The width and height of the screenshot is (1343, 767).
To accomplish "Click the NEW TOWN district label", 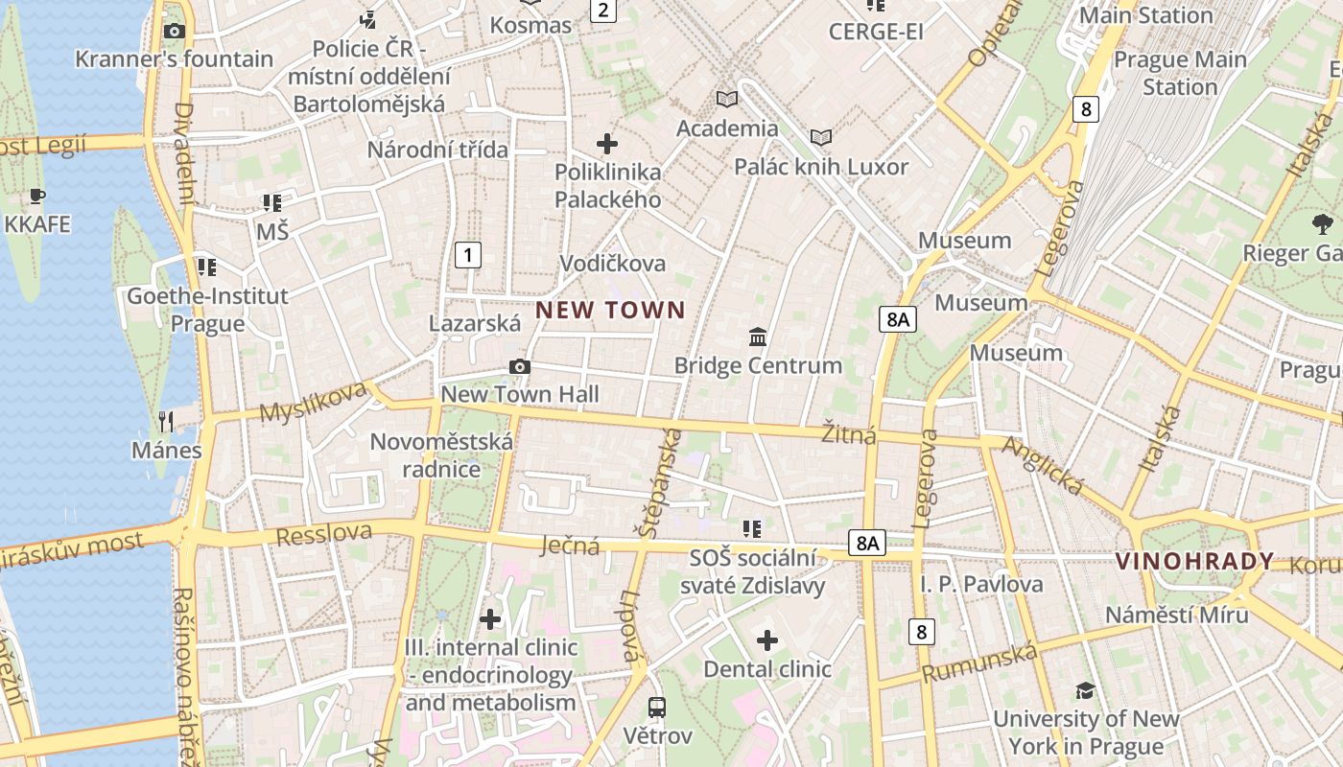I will (x=610, y=310).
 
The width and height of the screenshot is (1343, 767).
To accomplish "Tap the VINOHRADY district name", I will (x=1194, y=562).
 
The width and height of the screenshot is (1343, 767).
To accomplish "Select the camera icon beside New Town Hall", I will (x=520, y=366).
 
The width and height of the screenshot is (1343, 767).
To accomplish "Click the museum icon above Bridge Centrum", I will (x=758, y=337).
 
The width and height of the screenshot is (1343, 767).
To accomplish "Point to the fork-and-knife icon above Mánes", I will (x=166, y=421).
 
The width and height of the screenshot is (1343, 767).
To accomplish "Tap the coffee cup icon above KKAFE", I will (x=37, y=197).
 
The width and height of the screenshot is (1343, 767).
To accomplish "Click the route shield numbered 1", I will (x=467, y=255).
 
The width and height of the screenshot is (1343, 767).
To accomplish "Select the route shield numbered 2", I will (x=602, y=11).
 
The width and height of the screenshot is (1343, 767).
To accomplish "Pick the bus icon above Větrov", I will (x=657, y=708).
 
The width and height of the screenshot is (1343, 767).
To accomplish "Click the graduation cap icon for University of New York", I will (x=1085, y=690).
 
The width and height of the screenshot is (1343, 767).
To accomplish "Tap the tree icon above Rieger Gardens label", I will (x=1323, y=225).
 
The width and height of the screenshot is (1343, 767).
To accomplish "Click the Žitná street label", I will (x=849, y=434).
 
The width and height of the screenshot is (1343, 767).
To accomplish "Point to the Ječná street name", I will (x=570, y=546).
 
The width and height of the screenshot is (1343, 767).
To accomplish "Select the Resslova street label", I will (x=324, y=534).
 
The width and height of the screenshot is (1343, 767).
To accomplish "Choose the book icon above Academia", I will (x=727, y=99).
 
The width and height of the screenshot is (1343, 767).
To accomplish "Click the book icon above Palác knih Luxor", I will (x=821, y=137).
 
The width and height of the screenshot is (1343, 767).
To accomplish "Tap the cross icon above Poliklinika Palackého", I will (x=607, y=144).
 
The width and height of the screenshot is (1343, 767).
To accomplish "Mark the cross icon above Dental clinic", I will (x=767, y=640).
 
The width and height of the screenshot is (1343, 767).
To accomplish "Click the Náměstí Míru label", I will (x=1177, y=614).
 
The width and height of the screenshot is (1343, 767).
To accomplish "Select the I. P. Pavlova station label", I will (x=981, y=584).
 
